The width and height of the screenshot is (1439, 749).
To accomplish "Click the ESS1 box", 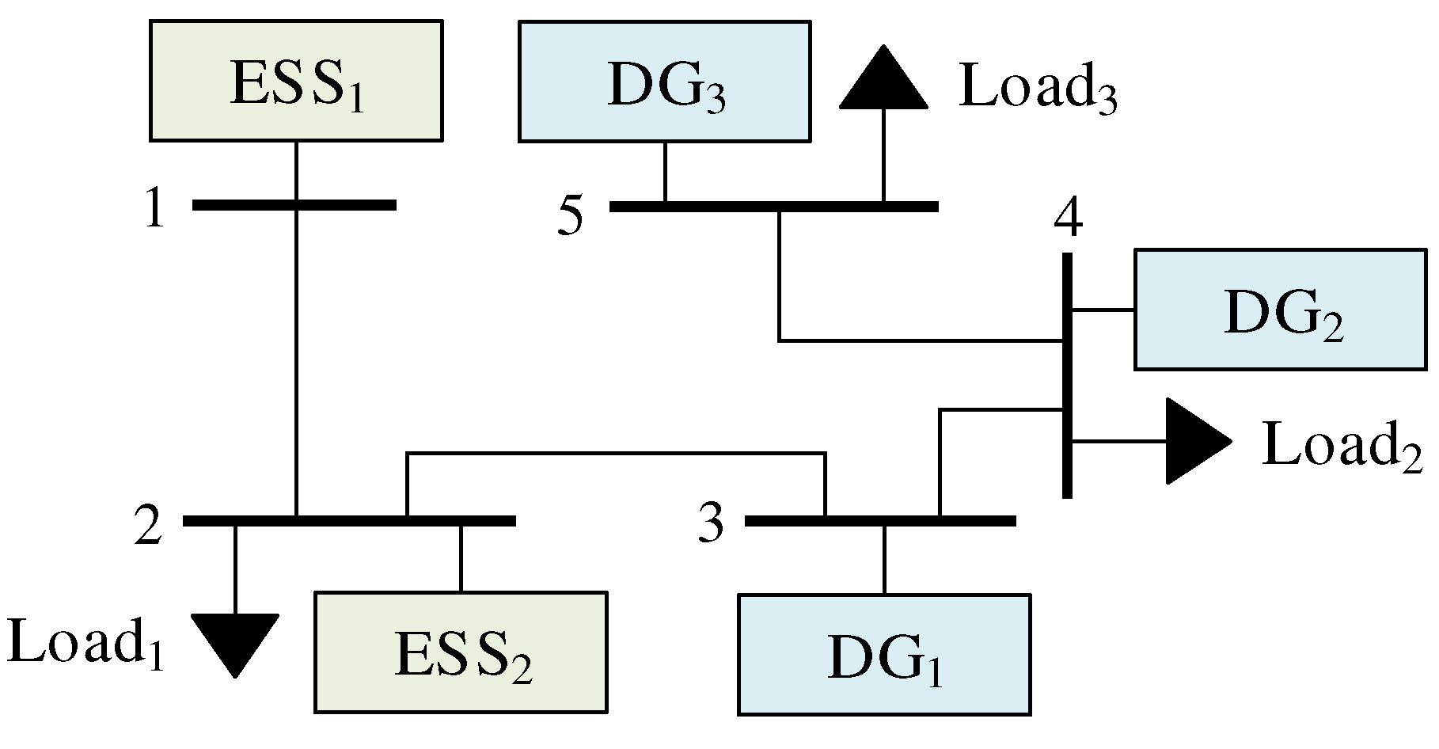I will tap(296, 81).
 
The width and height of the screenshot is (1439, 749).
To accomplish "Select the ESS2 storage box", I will tap(461, 652).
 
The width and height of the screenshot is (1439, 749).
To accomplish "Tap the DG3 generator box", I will tap(664, 81).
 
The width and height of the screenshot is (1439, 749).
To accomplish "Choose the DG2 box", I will tap(1280, 310).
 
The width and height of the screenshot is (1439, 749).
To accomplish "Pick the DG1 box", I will tap(884, 654).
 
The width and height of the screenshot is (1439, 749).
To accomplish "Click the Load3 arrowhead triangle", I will tap(883, 80).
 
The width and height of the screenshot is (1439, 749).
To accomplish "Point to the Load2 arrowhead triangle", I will tap(1194, 441).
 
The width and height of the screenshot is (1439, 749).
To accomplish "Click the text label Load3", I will tap(1037, 87).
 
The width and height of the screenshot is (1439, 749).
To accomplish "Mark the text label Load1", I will tap(85, 644).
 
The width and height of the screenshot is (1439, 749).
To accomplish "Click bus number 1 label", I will tap(155, 210).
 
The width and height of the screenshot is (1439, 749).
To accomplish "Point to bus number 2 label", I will tap(149, 527).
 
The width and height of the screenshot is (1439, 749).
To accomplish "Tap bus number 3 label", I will tap(711, 524).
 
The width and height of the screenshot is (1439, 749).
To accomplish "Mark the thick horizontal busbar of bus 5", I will tap(773, 207).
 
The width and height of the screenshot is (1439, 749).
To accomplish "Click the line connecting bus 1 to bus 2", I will tap(296, 356).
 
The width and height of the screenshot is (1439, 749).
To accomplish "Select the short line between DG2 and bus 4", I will tap(1103, 310).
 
